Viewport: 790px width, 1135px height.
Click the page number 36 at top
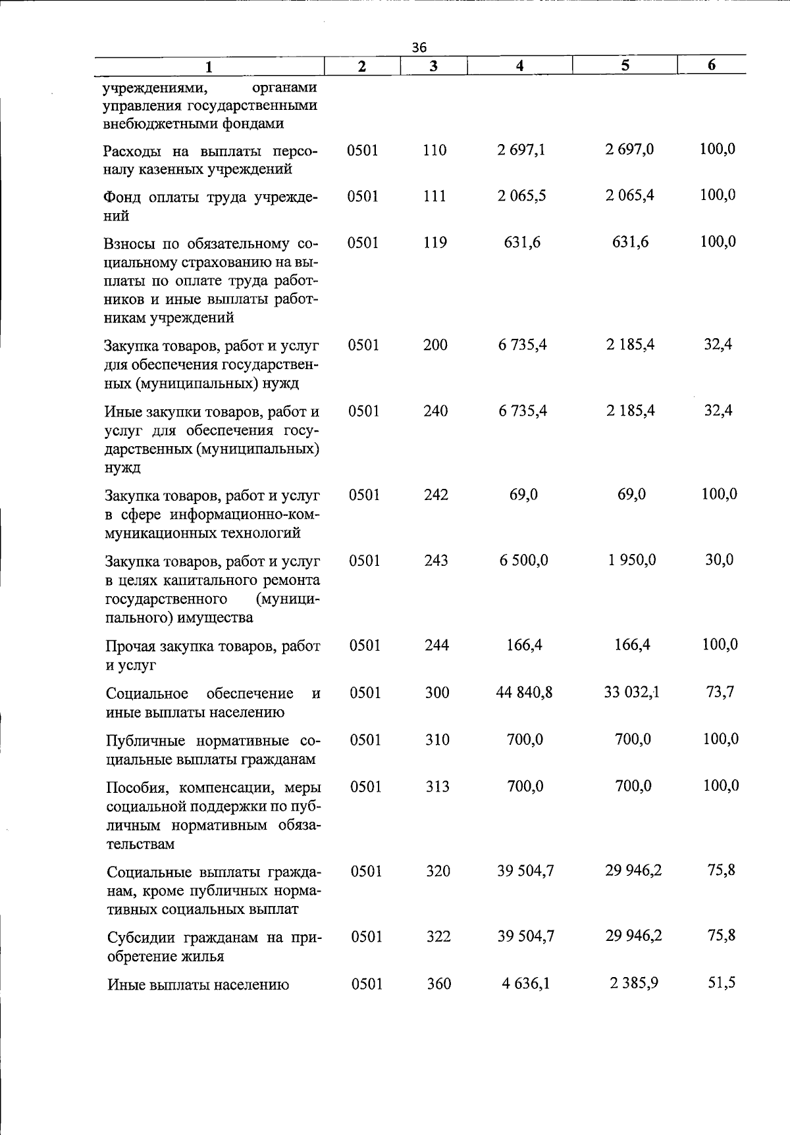419,47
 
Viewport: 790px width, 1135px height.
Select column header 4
519,65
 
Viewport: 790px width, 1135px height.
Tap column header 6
712,64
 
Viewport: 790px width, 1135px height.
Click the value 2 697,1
521,150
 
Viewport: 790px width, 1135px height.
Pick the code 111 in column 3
434,196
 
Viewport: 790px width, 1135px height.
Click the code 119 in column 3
434,243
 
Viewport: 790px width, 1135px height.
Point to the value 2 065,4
630,195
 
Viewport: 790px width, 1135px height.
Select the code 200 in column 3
435,345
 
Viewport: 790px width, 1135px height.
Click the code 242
436,495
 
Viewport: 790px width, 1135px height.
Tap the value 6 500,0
523,561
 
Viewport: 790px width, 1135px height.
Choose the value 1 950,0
631,560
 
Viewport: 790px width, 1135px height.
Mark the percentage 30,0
719,560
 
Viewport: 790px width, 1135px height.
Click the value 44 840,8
524,692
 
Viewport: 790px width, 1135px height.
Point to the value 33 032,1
632,692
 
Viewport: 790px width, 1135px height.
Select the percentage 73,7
720,692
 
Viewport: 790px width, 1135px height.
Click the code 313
437,786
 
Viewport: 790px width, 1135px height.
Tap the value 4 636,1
525,984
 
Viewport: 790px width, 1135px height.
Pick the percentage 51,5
721,983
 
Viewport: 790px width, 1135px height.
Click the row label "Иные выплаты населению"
198,985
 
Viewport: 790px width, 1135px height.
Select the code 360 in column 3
438,984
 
